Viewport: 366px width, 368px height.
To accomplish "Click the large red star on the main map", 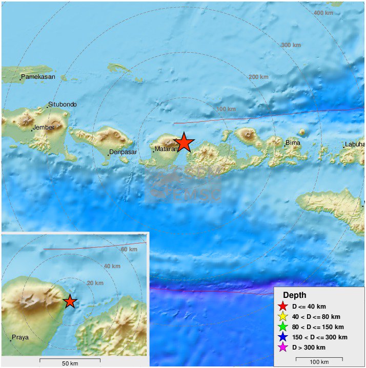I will [x=184, y=143].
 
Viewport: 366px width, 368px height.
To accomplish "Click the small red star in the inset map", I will [x=70, y=301].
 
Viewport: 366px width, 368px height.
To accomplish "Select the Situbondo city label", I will [x=62, y=104].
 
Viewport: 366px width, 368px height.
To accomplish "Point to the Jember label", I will [x=43, y=127].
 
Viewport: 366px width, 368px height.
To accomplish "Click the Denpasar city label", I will [x=124, y=153].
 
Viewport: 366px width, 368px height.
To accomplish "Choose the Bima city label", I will [x=293, y=143].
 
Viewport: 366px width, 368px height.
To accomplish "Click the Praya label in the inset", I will [x=21, y=337].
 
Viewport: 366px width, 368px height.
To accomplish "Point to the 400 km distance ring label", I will [x=323, y=13].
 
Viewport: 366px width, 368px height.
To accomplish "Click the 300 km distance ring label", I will [x=291, y=45].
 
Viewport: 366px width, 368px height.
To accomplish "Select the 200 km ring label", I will [x=258, y=77].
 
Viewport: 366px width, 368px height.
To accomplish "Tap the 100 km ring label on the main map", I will [x=226, y=109].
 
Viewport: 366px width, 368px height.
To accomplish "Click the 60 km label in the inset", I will [x=129, y=249].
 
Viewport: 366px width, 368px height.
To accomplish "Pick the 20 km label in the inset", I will [x=95, y=283].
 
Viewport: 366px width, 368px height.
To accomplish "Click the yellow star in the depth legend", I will [x=282, y=317].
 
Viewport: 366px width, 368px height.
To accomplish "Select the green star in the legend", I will [x=282, y=327].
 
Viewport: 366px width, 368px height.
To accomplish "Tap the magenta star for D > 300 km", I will [x=282, y=348].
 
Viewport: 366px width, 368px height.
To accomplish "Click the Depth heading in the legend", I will [x=295, y=295].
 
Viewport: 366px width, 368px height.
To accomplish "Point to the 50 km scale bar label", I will [x=70, y=363].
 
